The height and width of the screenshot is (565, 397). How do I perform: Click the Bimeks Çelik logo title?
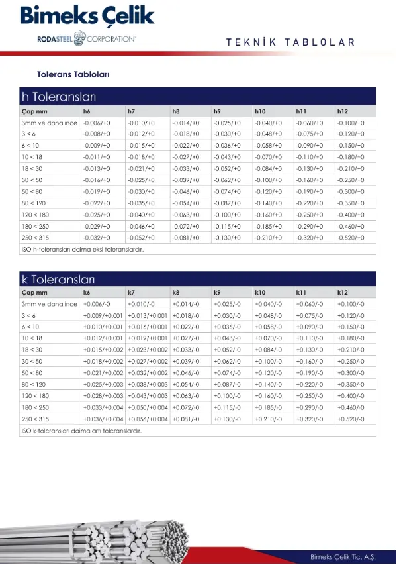[x=87, y=16]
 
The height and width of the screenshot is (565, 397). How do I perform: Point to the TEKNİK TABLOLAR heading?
[x=290, y=42]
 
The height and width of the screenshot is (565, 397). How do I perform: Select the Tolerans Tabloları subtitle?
[x=73, y=74]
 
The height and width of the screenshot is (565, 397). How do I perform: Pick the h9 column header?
[x=218, y=111]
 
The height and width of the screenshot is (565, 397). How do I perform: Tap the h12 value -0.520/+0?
[x=351, y=238]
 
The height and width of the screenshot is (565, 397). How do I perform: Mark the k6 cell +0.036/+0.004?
[x=103, y=419]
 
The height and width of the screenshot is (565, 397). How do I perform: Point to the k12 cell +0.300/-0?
[x=351, y=373]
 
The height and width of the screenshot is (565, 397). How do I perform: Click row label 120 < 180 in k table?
[x=34, y=396]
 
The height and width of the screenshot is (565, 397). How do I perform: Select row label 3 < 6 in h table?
[x=29, y=133]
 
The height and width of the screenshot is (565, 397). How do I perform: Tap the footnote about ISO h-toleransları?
[x=83, y=250]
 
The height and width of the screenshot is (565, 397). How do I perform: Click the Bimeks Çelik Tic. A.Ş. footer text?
[x=343, y=556]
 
